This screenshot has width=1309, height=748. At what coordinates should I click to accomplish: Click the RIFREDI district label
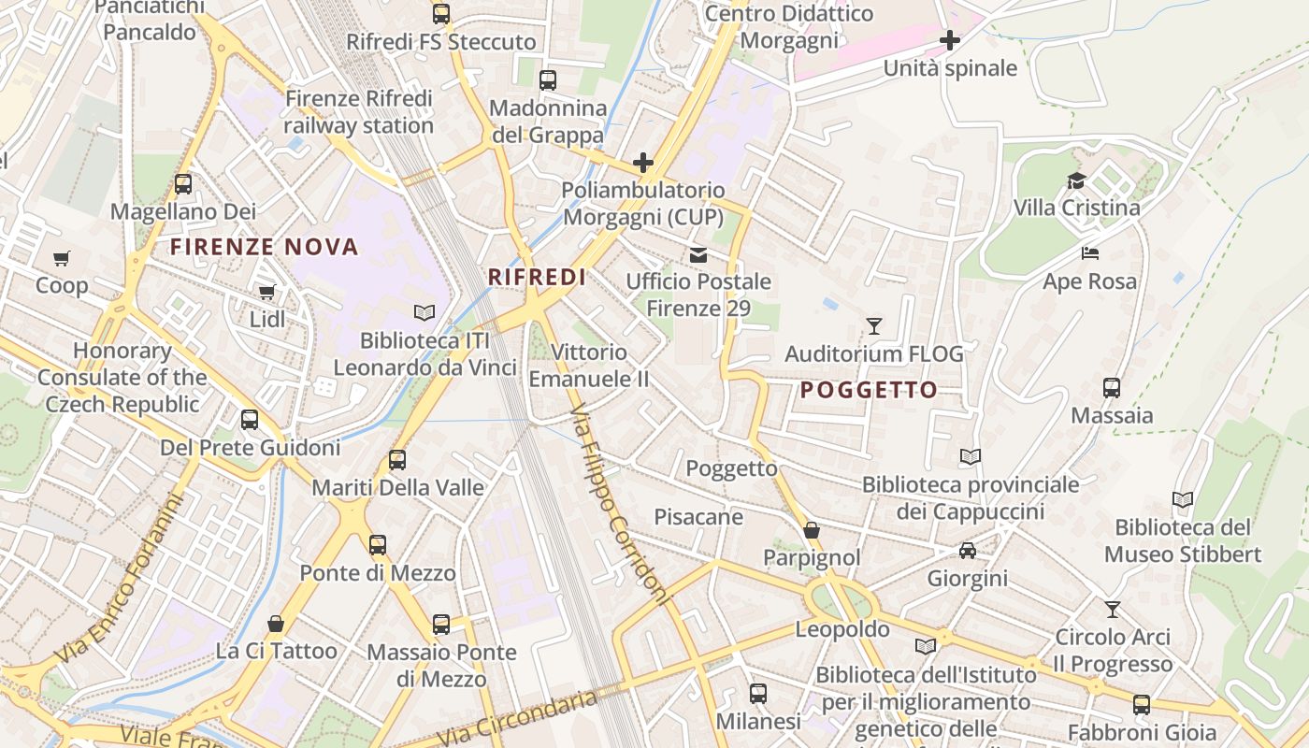pos(537,277)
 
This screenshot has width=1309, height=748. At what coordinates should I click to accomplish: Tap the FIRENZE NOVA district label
pos(265,247)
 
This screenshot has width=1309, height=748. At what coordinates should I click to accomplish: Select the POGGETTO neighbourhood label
pos(869,390)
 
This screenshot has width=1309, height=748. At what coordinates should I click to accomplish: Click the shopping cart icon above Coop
pos(62,258)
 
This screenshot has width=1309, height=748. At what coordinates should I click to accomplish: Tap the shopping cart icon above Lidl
pos(267,292)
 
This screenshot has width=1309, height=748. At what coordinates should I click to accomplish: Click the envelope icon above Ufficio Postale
pos(698,254)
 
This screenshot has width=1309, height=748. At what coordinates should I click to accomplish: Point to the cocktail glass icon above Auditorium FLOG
pos(874,326)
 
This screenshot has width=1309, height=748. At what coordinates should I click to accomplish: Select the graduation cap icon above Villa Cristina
pos(1077,180)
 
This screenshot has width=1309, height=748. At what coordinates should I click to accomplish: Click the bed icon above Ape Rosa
pos(1089,253)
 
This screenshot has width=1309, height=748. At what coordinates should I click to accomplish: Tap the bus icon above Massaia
pos(1112,387)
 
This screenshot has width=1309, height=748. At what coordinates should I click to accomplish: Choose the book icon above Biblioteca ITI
pos(424,312)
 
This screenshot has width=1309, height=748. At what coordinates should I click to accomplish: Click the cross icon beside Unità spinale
pos(950,40)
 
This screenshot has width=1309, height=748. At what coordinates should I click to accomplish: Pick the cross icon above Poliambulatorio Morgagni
pos(643,163)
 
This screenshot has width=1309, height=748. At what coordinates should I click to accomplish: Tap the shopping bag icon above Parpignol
pos(812,530)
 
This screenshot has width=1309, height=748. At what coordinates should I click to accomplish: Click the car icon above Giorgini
pos(968,551)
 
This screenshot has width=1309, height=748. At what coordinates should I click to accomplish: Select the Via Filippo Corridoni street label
pos(620,505)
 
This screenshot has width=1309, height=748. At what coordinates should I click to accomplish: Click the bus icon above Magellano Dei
pos(183,184)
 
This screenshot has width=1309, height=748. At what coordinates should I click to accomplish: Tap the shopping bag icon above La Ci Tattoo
pos(276,623)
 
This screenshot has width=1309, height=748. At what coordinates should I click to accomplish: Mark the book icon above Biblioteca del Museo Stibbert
pos(1183,499)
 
